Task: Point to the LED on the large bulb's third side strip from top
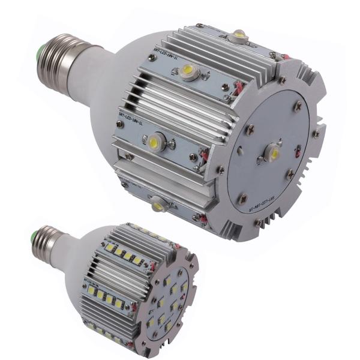click(157, 142)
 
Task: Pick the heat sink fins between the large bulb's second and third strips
click(174, 105)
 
